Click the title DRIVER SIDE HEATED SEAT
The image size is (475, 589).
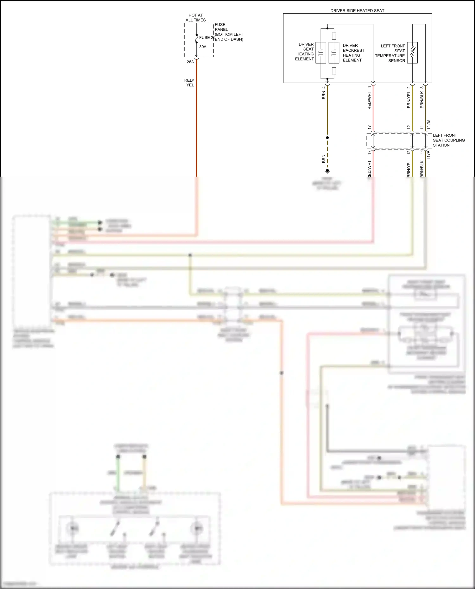point(357,10)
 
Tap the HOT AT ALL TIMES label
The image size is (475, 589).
point(196,17)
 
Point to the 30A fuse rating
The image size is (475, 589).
point(203,47)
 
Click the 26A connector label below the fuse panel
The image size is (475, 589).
point(190,62)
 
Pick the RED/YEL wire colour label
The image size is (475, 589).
point(189,83)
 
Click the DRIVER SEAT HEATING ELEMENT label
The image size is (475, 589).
point(305,52)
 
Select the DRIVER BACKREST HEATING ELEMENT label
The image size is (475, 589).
point(353,53)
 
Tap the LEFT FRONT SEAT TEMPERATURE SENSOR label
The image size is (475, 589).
point(390,53)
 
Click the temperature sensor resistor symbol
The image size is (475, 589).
point(412,53)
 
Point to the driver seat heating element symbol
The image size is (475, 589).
point(320,53)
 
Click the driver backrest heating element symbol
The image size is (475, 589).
point(334,53)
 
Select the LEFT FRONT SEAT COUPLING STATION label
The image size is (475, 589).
point(449,140)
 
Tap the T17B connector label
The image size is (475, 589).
point(428,125)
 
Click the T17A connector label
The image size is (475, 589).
point(428,155)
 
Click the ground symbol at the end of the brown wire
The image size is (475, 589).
point(327,172)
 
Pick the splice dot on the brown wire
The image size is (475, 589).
point(327,138)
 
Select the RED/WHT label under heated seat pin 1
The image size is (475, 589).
point(369,101)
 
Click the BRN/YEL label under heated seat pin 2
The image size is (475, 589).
point(409,100)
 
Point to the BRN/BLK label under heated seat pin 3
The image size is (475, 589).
point(422,100)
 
